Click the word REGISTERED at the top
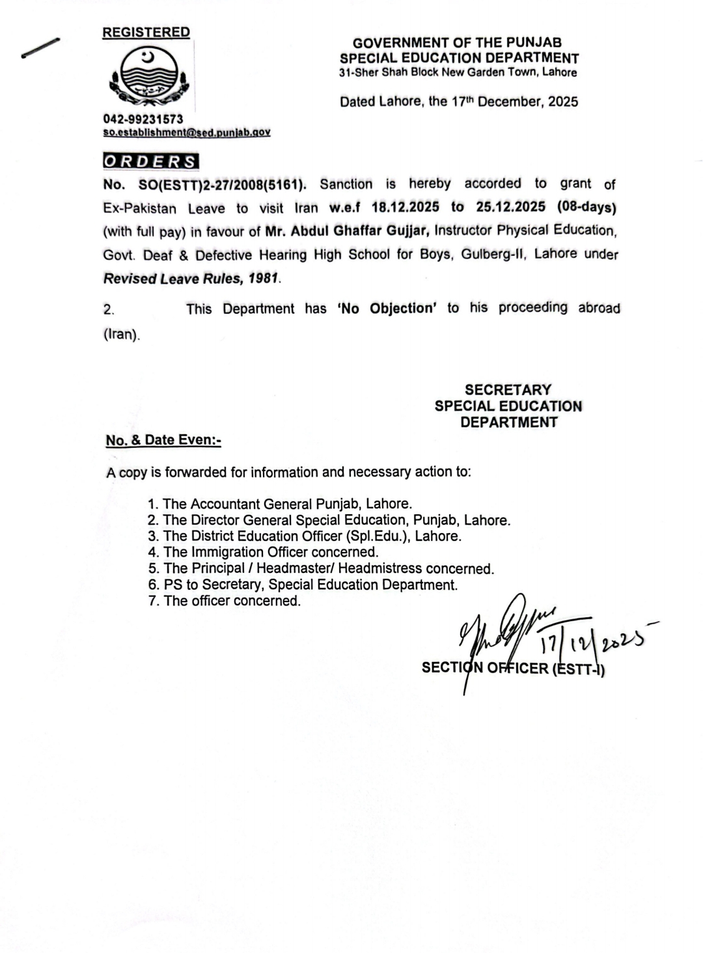146,32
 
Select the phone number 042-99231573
143,119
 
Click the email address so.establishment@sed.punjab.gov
187,132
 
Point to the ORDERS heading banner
151,161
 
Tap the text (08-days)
586,207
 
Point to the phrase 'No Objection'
387,308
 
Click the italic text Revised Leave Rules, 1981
192,279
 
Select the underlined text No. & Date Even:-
163,440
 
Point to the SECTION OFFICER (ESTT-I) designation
513,668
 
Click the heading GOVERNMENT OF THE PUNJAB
458,43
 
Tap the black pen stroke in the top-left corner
40,48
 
